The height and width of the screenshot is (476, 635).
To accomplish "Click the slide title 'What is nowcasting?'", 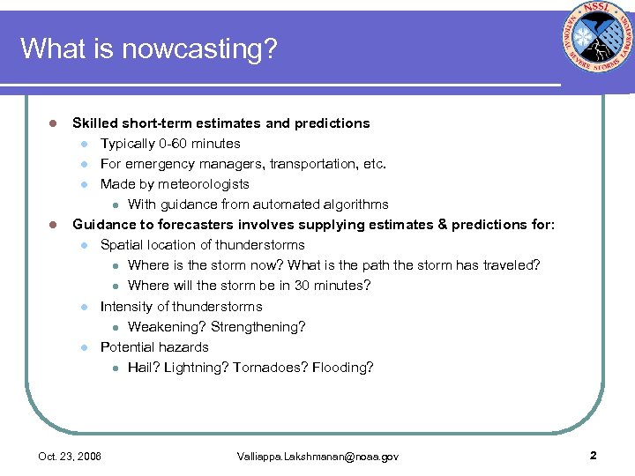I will [148, 48].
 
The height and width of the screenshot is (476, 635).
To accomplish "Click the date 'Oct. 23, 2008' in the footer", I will [70, 457].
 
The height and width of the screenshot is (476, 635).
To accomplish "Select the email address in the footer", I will [317, 457].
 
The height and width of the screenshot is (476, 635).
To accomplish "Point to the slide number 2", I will [593, 456].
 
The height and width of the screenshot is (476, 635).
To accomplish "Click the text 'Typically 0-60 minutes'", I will [170, 144].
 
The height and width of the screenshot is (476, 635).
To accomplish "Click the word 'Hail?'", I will [144, 368].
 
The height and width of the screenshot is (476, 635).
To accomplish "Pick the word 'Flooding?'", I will [343, 368].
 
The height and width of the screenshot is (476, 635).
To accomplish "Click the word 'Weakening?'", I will [167, 327].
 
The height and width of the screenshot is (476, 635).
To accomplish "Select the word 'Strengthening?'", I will [258, 327].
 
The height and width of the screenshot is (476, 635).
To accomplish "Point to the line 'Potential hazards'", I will [154, 347].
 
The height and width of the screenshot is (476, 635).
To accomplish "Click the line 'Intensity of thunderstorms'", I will [181, 307].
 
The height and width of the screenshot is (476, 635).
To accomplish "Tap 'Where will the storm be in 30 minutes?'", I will [249, 286].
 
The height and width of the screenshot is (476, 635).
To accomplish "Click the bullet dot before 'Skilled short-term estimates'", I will [54, 123].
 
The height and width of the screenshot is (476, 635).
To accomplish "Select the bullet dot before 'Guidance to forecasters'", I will [54, 225].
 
